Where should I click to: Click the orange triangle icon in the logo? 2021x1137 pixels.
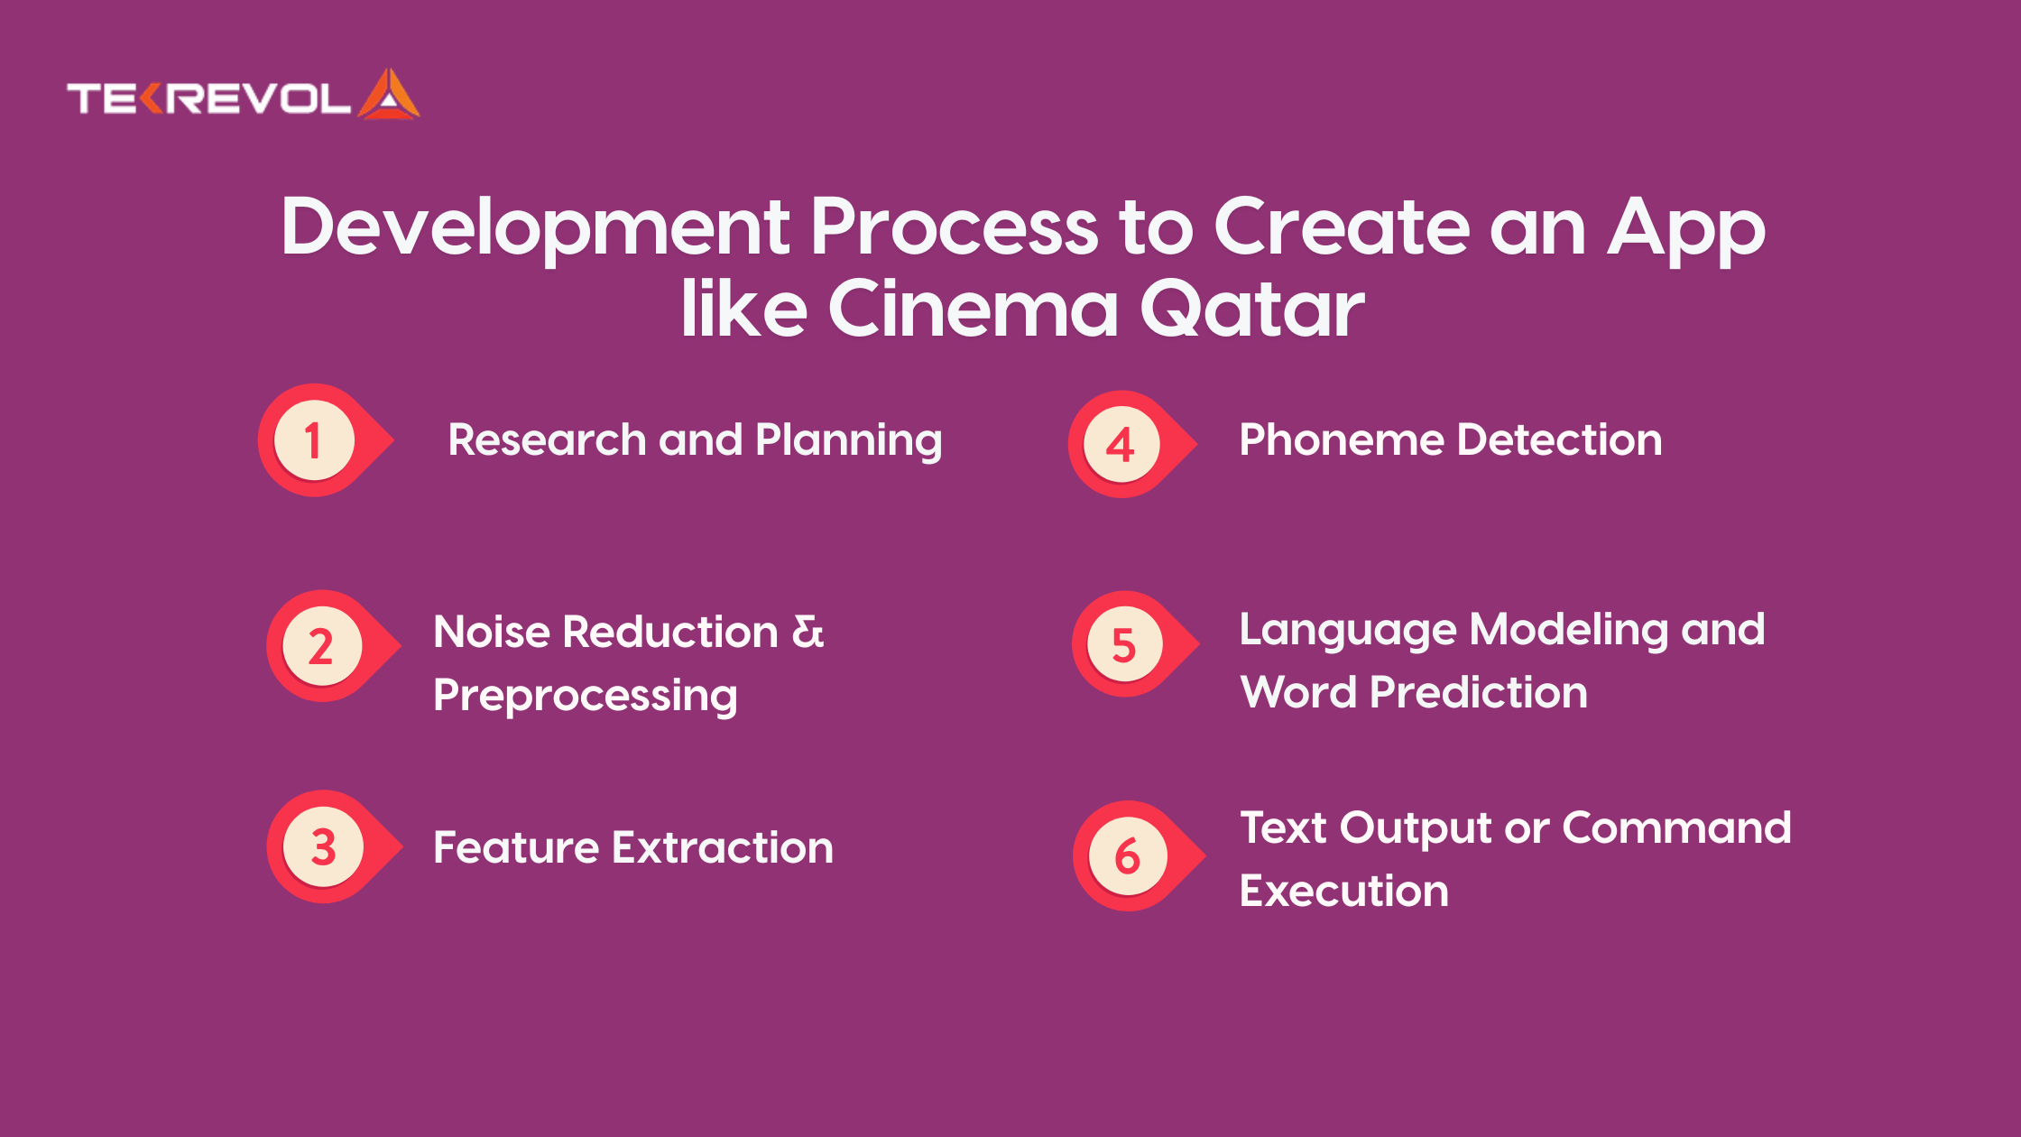point(389,95)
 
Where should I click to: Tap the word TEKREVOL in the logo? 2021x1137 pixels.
point(208,98)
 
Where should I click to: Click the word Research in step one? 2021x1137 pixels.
point(547,439)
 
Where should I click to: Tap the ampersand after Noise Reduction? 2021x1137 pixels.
point(807,631)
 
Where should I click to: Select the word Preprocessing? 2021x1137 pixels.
point(586,696)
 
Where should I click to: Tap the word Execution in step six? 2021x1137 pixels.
point(1344,891)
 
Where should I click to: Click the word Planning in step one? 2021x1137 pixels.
point(849,441)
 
